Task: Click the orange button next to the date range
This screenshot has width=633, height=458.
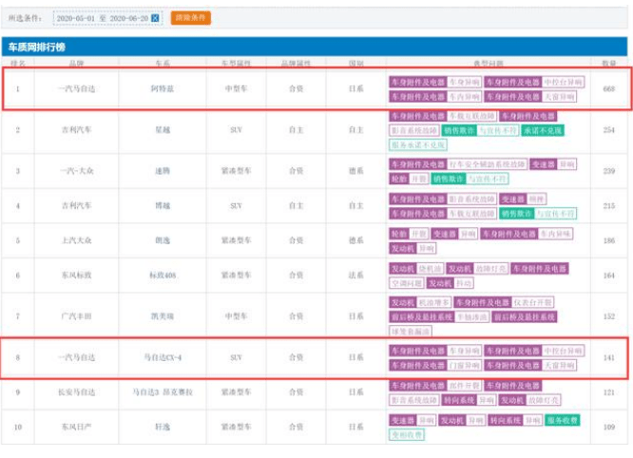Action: click(x=191, y=18)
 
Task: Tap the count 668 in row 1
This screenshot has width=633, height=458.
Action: click(x=608, y=89)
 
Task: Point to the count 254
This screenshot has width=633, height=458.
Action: click(x=608, y=129)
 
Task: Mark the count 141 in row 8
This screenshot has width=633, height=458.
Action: click(x=608, y=358)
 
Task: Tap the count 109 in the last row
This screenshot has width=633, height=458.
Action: click(x=608, y=427)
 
